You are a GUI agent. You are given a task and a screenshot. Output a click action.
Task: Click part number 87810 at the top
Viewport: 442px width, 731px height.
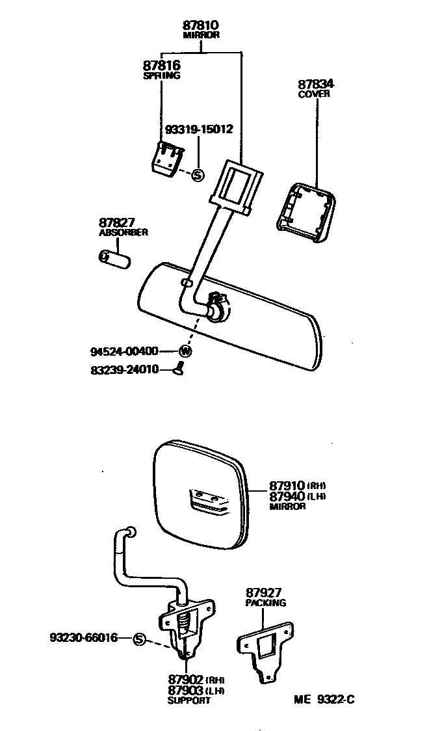pos(201,25)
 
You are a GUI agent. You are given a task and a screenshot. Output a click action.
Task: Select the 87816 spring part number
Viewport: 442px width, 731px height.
pos(161,66)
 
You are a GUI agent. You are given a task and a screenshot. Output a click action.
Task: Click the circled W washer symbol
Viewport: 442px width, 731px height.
pos(186,351)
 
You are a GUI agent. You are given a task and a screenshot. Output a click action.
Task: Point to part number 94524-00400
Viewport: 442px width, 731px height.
pos(124,351)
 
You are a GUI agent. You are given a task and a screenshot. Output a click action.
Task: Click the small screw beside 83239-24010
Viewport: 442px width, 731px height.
pos(180,370)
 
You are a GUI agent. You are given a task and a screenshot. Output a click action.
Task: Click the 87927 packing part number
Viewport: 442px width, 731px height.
pos(265,592)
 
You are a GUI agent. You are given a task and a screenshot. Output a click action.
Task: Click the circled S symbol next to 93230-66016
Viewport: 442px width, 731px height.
pos(138,639)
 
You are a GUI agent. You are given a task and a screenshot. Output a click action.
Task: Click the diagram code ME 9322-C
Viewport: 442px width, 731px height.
pos(324,700)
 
